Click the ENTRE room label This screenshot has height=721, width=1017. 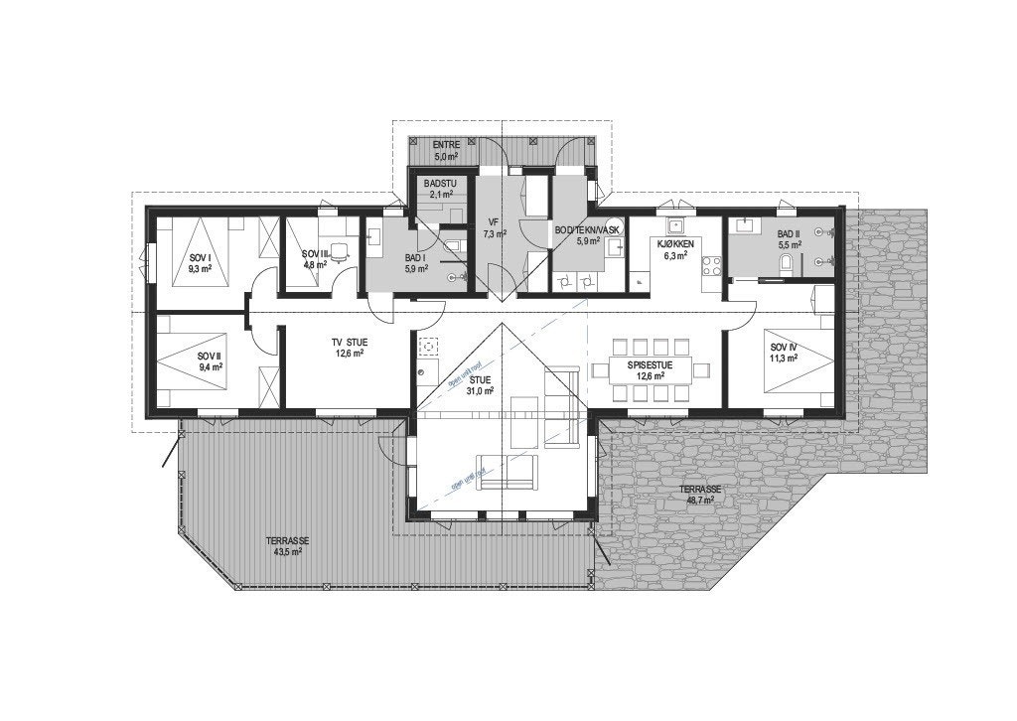[445, 145]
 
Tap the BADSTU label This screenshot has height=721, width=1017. [440, 185]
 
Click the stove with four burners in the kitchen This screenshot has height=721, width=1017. [711, 266]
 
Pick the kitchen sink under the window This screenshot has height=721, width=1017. [679, 223]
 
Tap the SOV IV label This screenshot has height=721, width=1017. [784, 348]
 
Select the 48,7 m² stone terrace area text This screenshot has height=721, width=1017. [700, 501]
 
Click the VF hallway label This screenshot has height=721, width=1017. [493, 222]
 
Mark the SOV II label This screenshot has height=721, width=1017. [209, 356]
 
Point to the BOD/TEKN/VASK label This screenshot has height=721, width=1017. [586, 230]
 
